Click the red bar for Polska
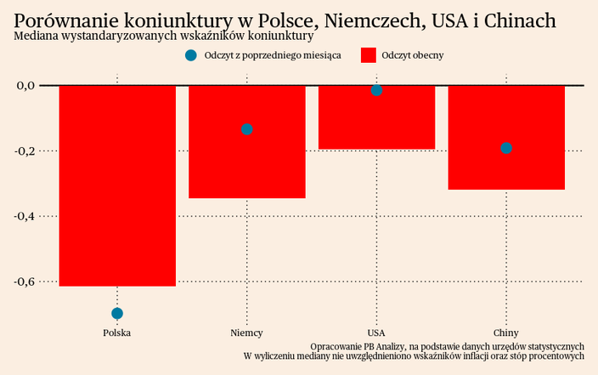(x=117, y=185)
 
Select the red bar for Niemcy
(x=247, y=142)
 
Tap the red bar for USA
(x=377, y=117)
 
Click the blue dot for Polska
(x=117, y=314)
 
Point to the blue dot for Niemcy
(x=247, y=129)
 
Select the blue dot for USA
(x=377, y=90)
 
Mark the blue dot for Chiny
(x=506, y=148)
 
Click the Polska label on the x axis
(x=117, y=332)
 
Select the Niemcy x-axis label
(x=247, y=332)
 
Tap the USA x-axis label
(x=377, y=332)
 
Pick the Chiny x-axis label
(x=506, y=332)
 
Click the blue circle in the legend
(x=190, y=56)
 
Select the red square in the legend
(x=369, y=56)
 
